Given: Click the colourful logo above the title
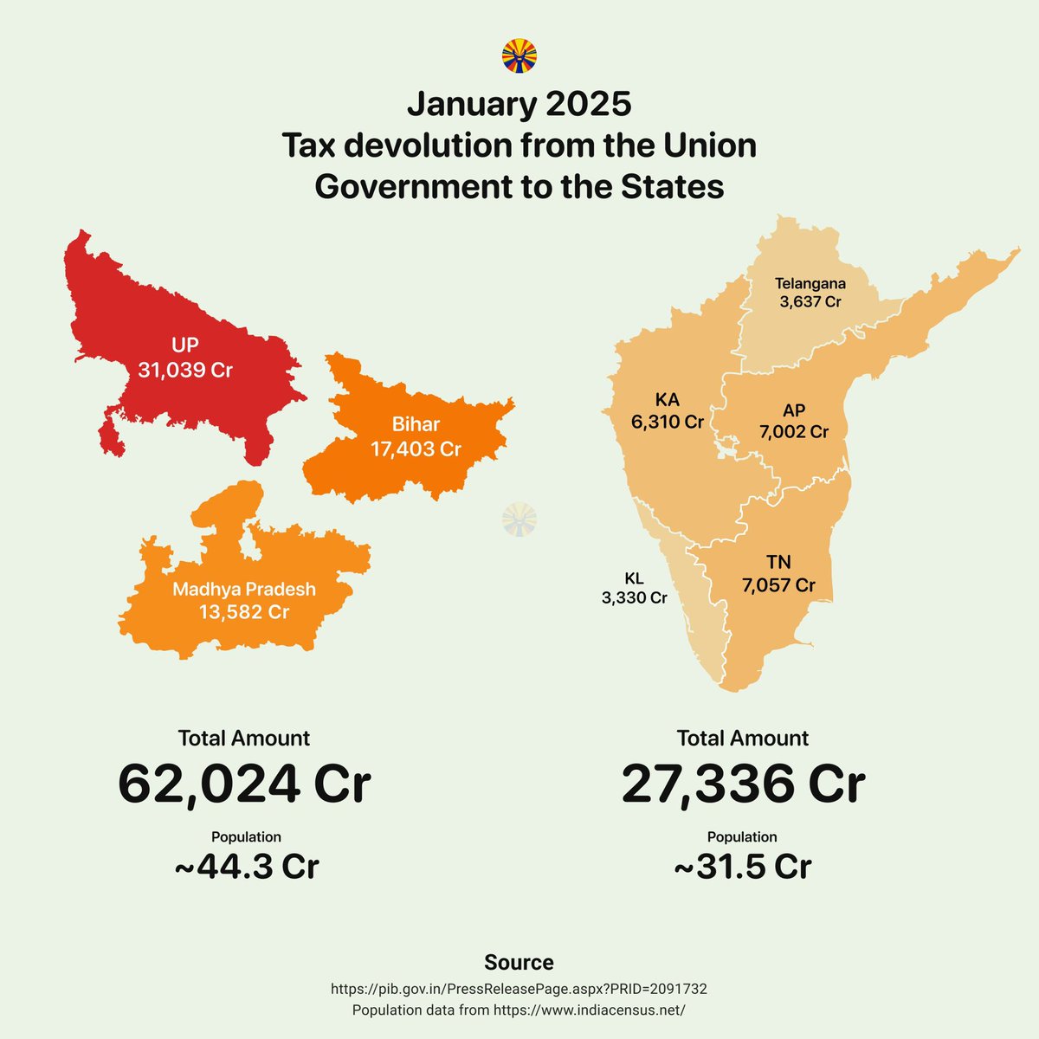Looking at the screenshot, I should [519, 56].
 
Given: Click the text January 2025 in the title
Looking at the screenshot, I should [519, 105].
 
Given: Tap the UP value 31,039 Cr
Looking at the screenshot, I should [185, 371].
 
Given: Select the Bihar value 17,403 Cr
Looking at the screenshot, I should [416, 449].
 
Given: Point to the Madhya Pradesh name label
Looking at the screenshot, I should [244, 590].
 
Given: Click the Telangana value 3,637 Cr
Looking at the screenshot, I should [810, 302].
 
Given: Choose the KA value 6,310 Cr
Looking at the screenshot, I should [667, 423].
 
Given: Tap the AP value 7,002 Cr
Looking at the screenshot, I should [794, 432].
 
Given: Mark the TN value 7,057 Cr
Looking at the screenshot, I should [778, 585].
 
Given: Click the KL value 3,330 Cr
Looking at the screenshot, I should [635, 598].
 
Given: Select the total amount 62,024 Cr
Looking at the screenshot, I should [244, 784].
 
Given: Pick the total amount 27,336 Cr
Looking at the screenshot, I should [743, 784].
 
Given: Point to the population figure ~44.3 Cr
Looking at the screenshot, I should [247, 867].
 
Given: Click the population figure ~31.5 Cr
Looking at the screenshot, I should [743, 867].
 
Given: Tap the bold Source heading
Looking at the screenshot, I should [519, 963].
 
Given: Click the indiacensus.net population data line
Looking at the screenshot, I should [519, 1010].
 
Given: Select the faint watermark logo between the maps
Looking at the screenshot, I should [519, 519].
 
